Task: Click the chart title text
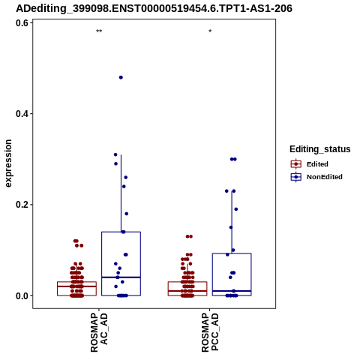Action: coord(154,8)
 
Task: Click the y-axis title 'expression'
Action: coord(8,163)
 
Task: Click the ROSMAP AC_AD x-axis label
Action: coord(99,332)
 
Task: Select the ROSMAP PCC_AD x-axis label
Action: coord(210,332)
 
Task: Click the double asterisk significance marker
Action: coord(99,31)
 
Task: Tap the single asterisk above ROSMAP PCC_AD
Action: coord(210,31)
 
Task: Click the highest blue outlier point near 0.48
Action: coord(121,77)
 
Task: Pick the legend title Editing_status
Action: coord(320,149)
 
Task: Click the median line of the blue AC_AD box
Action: coord(121,277)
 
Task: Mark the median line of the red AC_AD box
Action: coord(76,286)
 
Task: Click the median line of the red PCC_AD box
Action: coord(187,291)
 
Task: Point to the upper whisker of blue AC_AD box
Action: coord(121,193)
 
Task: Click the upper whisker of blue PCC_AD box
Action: coord(232,222)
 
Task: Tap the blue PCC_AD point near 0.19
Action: coord(235,209)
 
